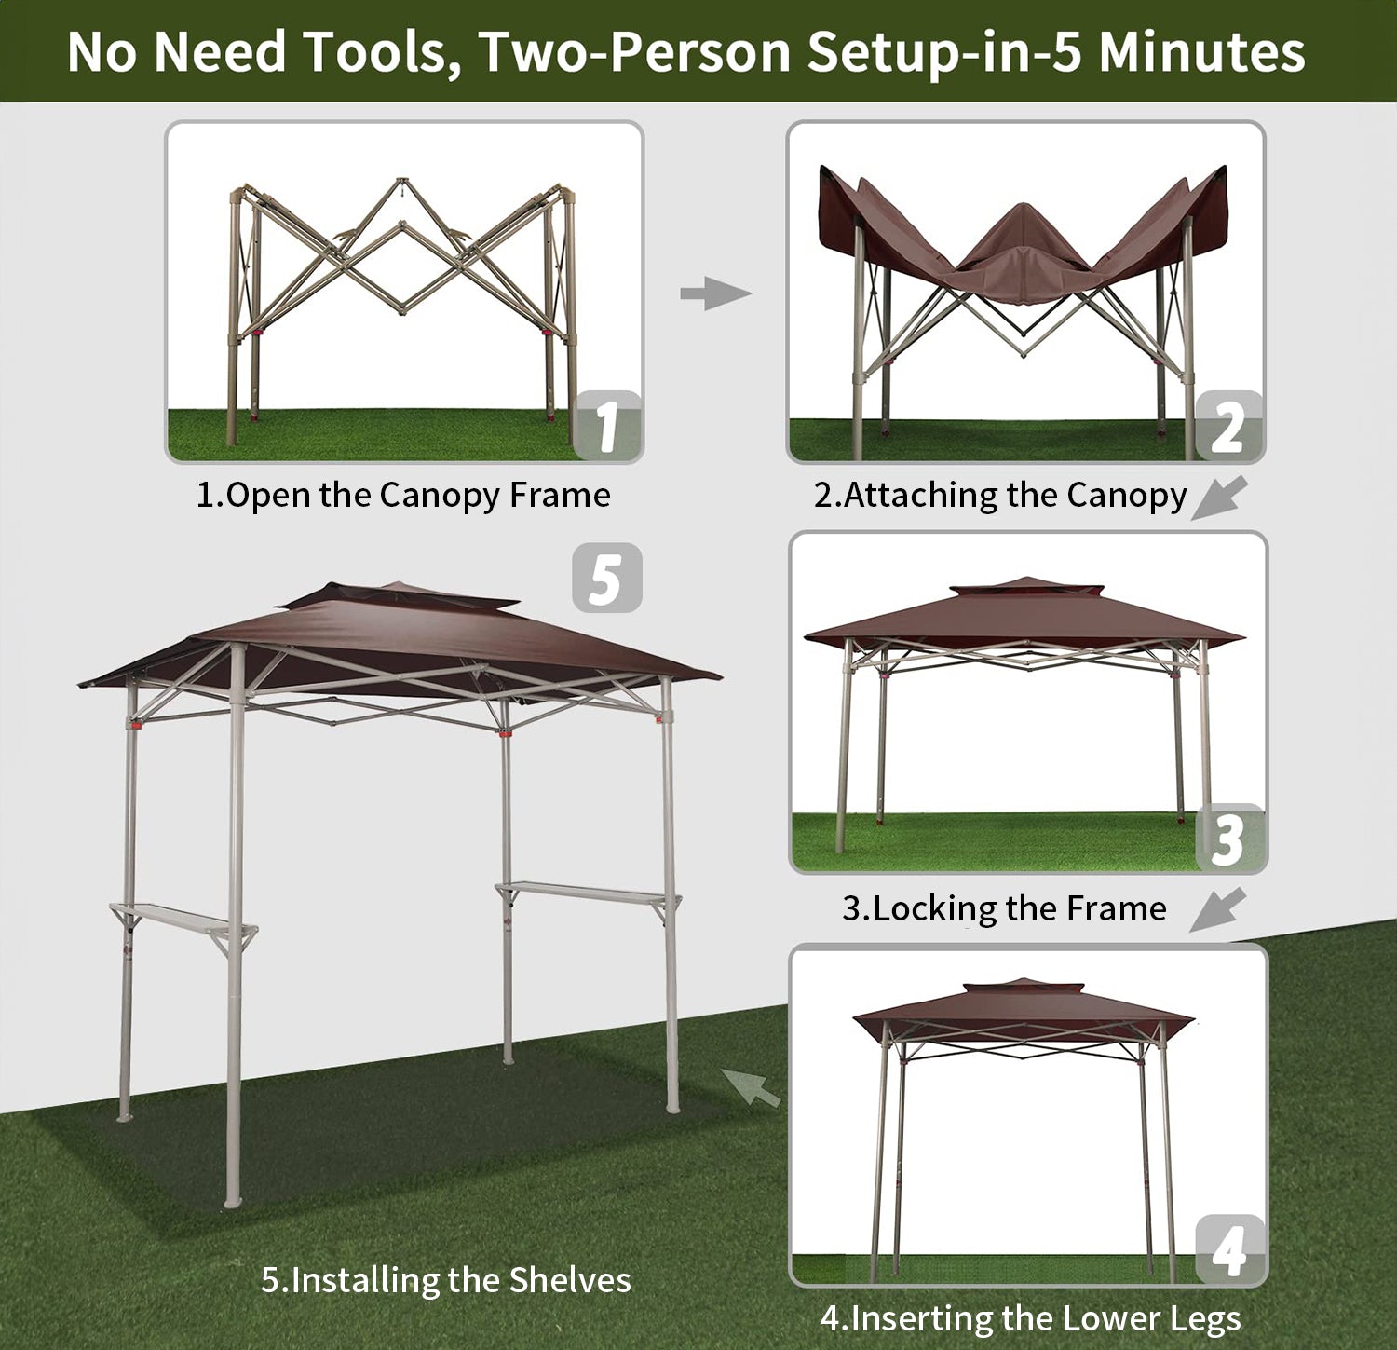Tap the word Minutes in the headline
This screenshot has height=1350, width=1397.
point(1202,52)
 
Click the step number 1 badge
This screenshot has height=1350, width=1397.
point(607,426)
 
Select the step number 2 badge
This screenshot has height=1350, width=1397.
point(1228,426)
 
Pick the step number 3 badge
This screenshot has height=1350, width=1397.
point(1229,838)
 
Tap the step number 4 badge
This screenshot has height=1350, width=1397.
point(1229,1249)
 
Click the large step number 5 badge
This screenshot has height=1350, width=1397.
point(606,578)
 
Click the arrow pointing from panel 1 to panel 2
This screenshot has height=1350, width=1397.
point(715,293)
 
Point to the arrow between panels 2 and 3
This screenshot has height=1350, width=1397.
point(1219,497)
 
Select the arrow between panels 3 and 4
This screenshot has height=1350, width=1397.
point(1218,909)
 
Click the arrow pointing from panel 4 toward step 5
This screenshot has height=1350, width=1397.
point(751,1087)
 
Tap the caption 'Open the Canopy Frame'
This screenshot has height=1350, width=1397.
point(418,496)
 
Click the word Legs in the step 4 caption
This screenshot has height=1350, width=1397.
point(1205,1319)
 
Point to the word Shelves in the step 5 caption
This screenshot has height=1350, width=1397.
point(570,1280)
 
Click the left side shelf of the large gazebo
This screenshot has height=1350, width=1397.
point(183,921)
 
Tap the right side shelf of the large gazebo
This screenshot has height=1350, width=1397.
point(589,894)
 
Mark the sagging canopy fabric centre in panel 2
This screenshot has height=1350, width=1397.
point(1024,266)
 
